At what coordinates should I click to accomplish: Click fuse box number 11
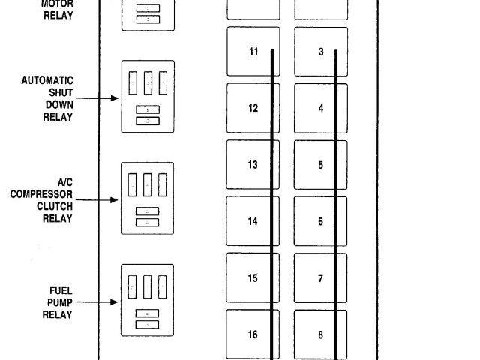[x=253, y=52]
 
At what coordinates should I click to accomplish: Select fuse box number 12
[x=253, y=108]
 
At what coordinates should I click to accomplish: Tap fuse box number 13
[x=253, y=164]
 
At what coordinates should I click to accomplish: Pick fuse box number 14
[x=253, y=221]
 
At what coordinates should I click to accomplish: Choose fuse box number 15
[x=253, y=278]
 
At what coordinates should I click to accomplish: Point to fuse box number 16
[x=253, y=334]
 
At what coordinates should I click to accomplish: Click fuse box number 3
[x=320, y=52]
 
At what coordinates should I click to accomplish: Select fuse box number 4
[x=320, y=108]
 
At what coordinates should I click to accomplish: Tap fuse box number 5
[x=320, y=164]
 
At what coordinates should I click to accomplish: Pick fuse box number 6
[x=320, y=221]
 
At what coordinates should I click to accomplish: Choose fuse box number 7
[x=320, y=278]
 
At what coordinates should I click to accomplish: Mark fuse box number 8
[x=320, y=334]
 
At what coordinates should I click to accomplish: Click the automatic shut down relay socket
[x=148, y=97]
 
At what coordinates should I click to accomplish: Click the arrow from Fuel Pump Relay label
[x=97, y=302]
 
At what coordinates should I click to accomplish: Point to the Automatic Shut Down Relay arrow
[x=97, y=98]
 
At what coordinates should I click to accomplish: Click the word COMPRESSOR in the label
[x=42, y=194]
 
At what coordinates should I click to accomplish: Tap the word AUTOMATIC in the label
[x=47, y=80]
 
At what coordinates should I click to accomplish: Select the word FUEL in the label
[x=61, y=290]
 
